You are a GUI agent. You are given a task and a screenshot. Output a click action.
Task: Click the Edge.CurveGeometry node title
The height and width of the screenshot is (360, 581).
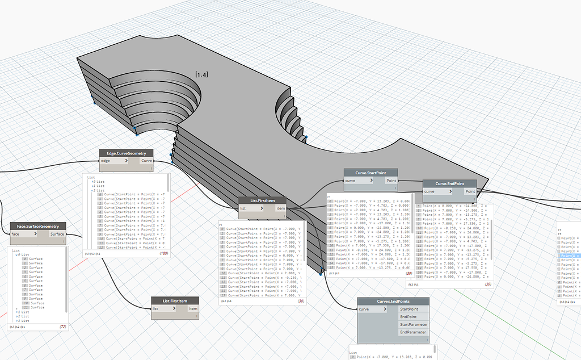(126, 153)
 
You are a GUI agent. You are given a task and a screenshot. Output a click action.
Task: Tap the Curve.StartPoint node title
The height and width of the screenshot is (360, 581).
(371, 173)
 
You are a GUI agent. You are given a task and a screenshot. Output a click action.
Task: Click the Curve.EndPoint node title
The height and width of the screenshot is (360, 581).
(450, 183)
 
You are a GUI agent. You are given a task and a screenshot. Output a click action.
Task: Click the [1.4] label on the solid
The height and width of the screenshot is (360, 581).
(201, 74)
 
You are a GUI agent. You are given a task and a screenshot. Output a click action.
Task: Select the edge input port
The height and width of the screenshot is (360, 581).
(113, 161)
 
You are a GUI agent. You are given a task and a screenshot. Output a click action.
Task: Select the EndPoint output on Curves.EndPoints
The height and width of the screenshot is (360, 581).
(408, 316)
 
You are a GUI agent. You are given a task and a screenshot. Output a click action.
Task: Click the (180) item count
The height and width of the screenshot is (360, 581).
(162, 253)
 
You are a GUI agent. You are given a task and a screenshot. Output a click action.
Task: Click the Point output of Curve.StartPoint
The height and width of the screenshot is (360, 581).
(391, 181)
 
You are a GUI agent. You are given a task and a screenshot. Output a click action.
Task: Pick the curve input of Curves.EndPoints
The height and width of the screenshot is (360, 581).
(375, 309)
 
